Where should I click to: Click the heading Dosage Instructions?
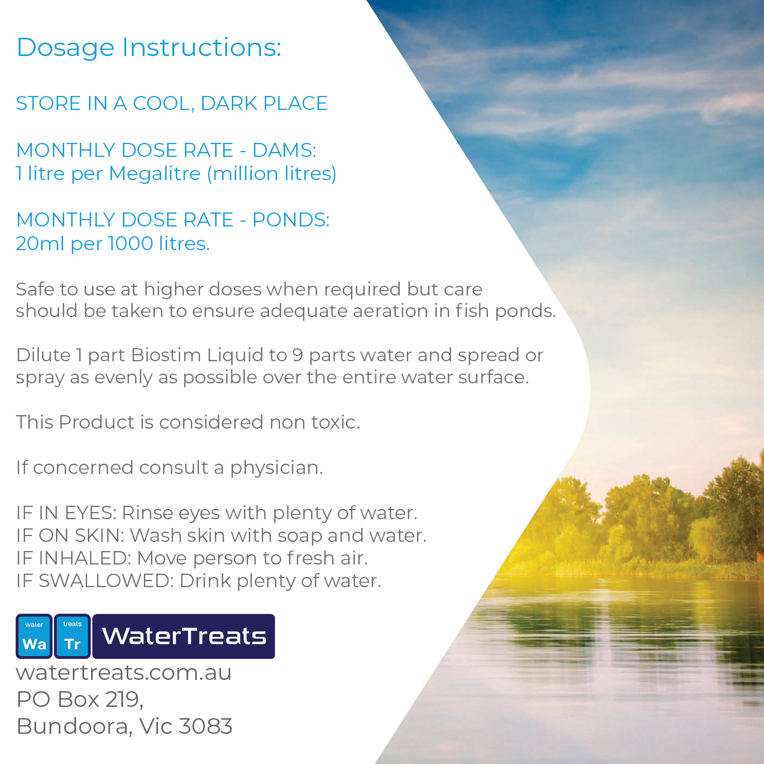(x=149, y=48)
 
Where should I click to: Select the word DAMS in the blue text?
(x=284, y=150)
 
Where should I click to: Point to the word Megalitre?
(x=155, y=174)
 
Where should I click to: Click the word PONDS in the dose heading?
(x=291, y=220)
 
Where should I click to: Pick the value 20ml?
(x=40, y=243)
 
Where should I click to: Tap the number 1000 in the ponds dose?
(x=131, y=243)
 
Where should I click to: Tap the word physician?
(x=277, y=468)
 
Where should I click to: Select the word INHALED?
(x=85, y=558)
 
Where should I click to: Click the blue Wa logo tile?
(x=34, y=636)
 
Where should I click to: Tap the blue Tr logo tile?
(x=72, y=636)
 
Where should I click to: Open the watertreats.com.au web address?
(x=123, y=673)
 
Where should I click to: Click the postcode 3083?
(x=205, y=726)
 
